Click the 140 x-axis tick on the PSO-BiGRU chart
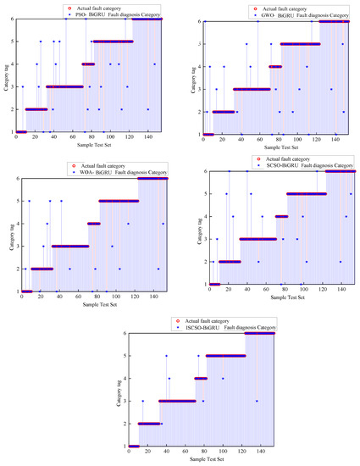[123, 137]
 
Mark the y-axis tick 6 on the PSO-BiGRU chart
[11, 19]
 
